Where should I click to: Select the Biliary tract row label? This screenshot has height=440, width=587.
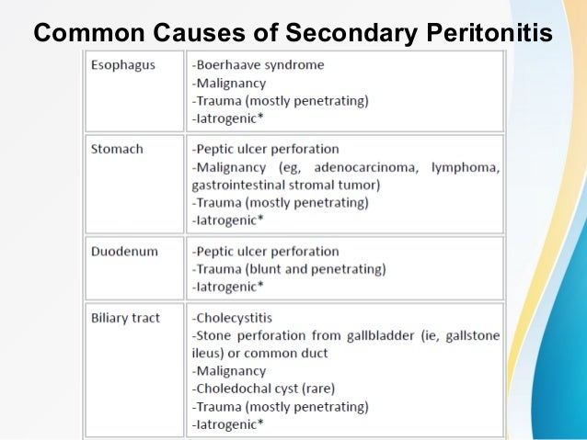coord(125,318)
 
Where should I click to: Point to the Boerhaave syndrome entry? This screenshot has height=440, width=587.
coord(258,65)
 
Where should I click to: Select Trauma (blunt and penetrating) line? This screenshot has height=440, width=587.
coord(289,269)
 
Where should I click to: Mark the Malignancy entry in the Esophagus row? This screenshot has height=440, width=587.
coord(229,84)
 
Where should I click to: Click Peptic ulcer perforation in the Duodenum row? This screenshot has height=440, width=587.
coord(265,251)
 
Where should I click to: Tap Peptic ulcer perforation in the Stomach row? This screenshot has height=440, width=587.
coord(265,150)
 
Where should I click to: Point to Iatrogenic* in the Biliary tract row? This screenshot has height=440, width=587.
coord(228,424)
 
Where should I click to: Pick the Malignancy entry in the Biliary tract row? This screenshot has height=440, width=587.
coord(229,371)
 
